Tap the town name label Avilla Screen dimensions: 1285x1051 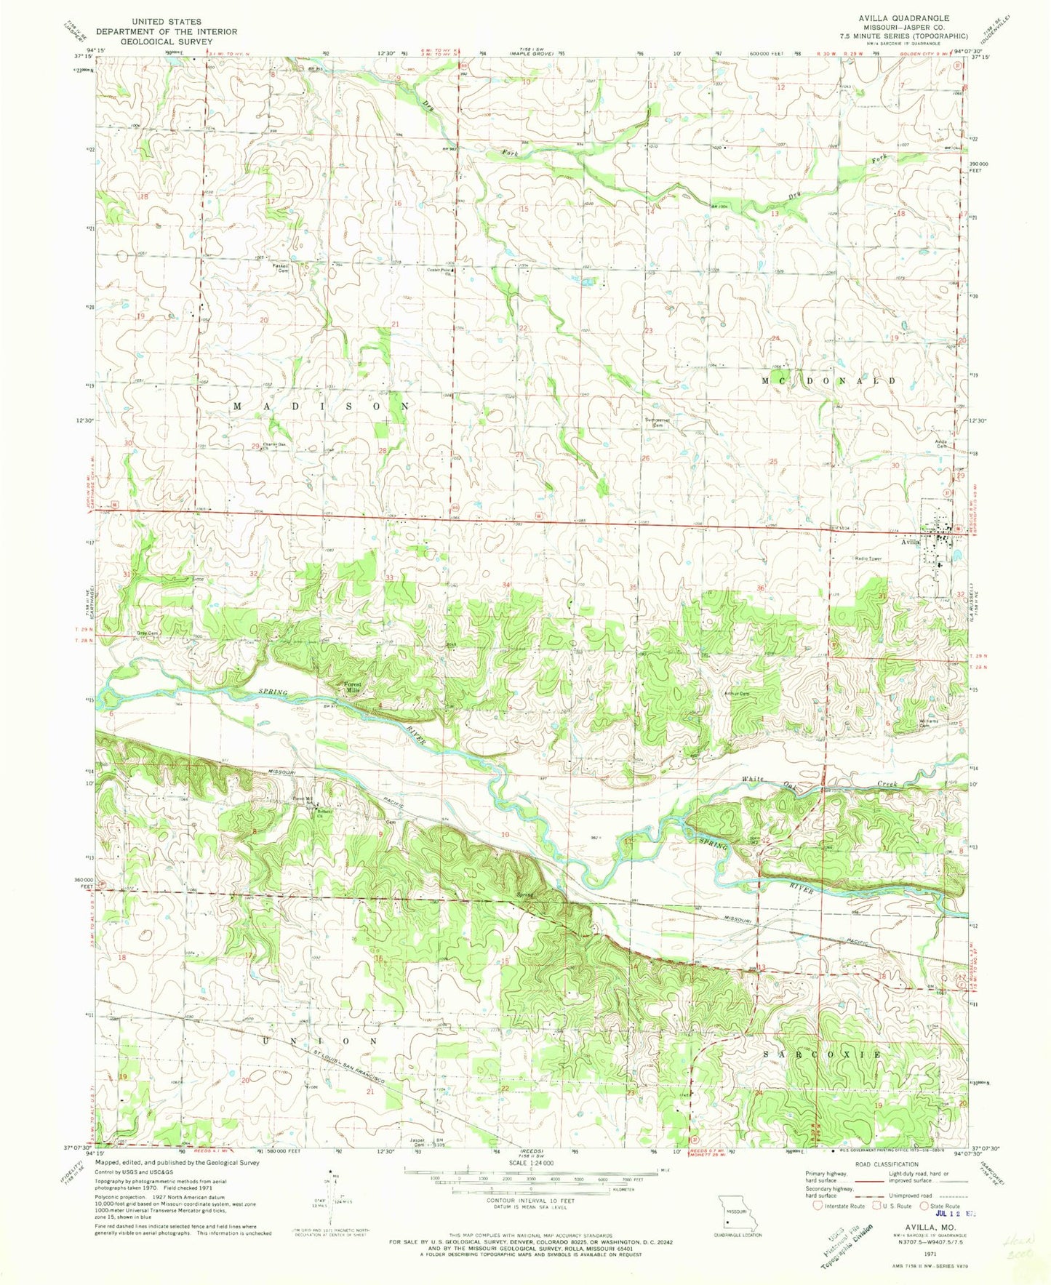(x=912, y=542)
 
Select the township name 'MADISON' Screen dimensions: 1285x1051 (x=321, y=407)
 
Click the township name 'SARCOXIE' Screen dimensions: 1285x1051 (x=823, y=1054)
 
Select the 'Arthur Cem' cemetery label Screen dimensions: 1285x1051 (x=735, y=694)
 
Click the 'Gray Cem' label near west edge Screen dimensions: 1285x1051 (x=148, y=633)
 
